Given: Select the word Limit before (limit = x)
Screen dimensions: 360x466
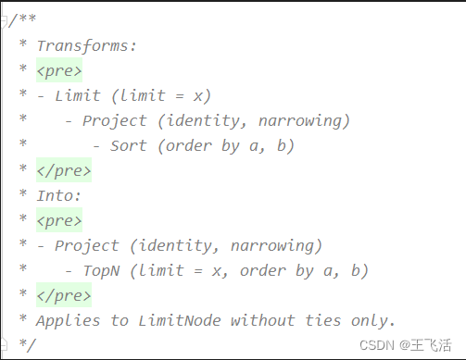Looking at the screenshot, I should (78, 95).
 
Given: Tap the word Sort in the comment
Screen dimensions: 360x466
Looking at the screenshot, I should (129, 145).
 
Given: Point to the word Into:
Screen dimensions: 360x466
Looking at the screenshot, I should (58, 195).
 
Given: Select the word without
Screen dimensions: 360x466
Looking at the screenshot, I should (262, 320).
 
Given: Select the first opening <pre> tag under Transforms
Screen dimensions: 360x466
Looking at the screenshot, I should (58, 70).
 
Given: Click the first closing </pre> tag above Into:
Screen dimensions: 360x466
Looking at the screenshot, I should (63, 170).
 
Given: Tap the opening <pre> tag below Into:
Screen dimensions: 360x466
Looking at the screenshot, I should (58, 220).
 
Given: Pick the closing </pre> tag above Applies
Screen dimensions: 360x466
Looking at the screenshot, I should (63, 295).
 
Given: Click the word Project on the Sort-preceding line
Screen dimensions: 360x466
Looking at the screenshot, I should (115, 120).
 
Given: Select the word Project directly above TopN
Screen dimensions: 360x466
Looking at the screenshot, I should (87, 245).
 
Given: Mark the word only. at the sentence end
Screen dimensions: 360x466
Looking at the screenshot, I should (373, 320).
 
